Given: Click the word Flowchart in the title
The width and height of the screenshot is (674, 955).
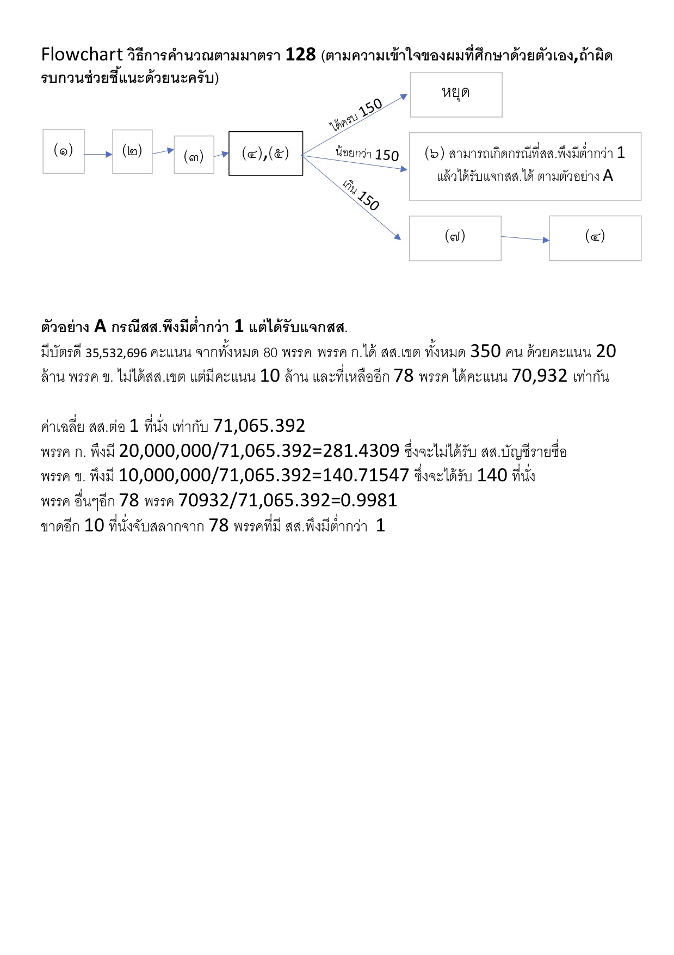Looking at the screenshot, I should (x=82, y=54).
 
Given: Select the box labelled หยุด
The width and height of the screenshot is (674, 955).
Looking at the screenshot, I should (x=456, y=94).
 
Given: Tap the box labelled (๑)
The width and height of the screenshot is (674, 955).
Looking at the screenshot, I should (x=64, y=151).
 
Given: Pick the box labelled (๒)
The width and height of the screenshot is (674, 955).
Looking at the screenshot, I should (x=132, y=151).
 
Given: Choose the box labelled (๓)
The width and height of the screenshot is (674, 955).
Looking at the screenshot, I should (x=194, y=155).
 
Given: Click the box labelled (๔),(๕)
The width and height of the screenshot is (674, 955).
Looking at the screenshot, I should (x=265, y=154).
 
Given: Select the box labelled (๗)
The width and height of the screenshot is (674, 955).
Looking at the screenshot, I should (x=455, y=238).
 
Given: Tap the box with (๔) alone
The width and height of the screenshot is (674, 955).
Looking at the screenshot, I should (x=595, y=238).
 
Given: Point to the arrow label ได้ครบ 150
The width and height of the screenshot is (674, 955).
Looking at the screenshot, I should (x=356, y=115).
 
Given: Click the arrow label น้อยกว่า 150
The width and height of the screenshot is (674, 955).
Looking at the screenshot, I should (x=367, y=154).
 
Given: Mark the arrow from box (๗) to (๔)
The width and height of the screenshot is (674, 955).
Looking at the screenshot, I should (x=525, y=238).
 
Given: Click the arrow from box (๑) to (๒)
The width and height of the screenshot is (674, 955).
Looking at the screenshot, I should (x=98, y=155).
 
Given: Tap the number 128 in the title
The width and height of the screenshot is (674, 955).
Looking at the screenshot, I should (x=300, y=54).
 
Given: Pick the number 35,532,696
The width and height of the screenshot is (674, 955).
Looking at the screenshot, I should (x=116, y=353).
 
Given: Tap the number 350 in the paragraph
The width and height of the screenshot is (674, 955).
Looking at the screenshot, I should (x=485, y=352).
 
